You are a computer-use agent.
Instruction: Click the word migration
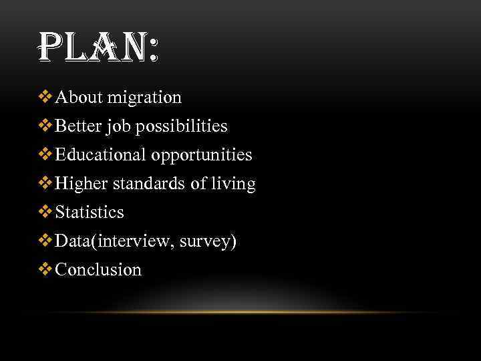(147, 98)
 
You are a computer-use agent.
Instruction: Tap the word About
(78, 98)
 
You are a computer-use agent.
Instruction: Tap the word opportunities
(202, 156)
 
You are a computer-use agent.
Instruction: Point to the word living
(233, 185)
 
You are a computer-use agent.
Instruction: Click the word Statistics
(90, 213)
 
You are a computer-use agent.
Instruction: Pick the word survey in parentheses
(206, 242)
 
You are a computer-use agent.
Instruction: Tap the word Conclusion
(98, 270)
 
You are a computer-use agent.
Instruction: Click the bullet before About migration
(45, 98)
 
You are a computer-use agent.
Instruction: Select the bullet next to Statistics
(45, 213)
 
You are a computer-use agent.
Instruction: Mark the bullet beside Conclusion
(45, 270)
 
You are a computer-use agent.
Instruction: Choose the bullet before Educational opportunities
(45, 155)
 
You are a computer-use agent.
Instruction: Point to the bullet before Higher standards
(45, 184)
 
